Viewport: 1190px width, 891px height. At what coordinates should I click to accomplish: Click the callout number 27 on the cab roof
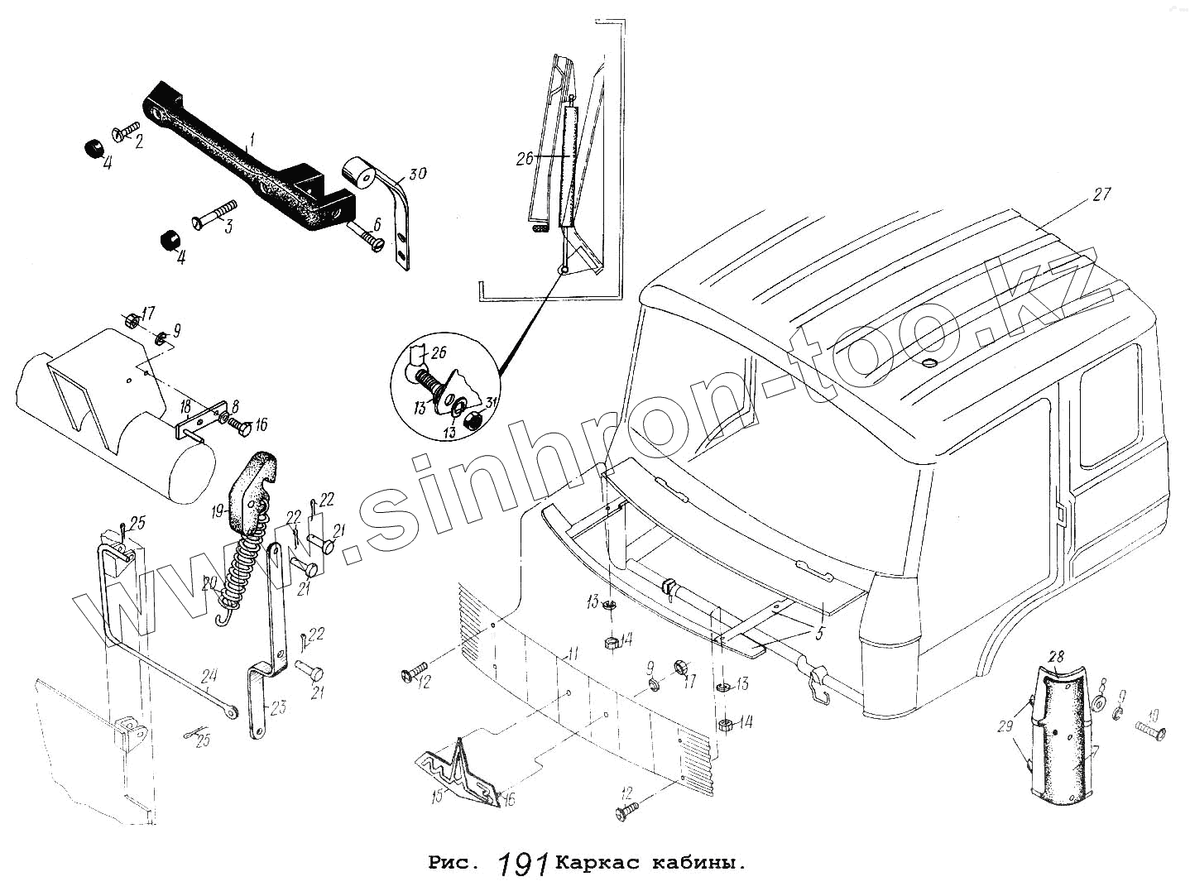[1101, 195]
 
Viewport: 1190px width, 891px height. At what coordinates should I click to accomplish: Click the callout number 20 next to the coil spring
[209, 585]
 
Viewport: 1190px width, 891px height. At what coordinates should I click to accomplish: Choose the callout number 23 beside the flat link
[277, 708]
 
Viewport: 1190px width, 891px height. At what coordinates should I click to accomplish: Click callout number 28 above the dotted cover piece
[1056, 657]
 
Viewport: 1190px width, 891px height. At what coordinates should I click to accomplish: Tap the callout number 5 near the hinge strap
[819, 635]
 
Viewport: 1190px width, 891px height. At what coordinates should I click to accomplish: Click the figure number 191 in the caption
[525, 865]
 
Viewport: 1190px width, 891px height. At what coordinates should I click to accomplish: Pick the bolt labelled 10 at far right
[1151, 730]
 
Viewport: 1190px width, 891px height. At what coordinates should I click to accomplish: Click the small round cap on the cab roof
[928, 363]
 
